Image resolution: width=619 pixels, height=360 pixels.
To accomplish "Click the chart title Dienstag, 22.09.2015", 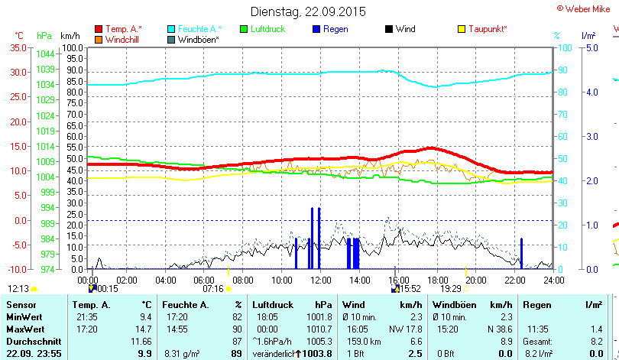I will click(308, 11).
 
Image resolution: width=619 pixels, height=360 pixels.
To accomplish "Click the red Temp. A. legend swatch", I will click(99, 29).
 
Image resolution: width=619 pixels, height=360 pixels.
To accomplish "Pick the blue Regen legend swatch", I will click(316, 29).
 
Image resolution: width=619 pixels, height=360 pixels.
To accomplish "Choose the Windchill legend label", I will click(123, 39).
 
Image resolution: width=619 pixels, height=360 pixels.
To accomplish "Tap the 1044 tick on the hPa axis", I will click(45, 54).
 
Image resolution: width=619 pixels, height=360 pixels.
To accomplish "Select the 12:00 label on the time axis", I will click(319, 280).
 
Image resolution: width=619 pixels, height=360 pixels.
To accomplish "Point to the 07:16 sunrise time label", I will click(212, 289).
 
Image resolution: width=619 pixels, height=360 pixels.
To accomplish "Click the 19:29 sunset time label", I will click(451, 289).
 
